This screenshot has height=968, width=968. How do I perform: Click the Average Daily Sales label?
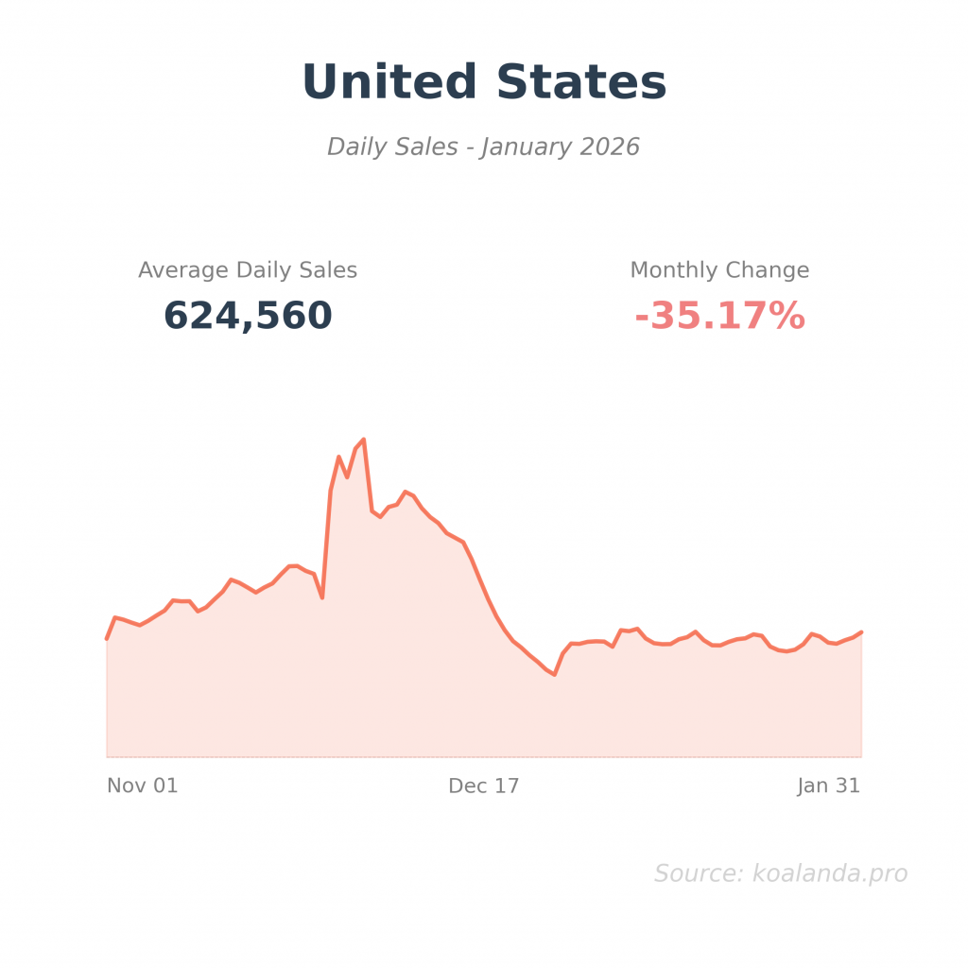248,270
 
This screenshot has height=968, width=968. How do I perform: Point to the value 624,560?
248,316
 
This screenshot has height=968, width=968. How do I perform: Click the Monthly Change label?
719,270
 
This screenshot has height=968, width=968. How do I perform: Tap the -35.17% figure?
719,316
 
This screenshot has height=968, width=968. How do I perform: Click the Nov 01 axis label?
142,786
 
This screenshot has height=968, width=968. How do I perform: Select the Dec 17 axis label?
484,786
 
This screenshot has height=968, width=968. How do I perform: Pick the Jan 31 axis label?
828,786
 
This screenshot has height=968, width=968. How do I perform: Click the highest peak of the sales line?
363,440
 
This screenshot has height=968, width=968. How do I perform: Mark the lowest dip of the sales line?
554,674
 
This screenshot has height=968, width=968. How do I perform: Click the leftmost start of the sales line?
107,639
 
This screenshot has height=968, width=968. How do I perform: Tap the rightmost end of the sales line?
861,631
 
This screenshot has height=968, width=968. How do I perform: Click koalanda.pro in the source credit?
829,873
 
